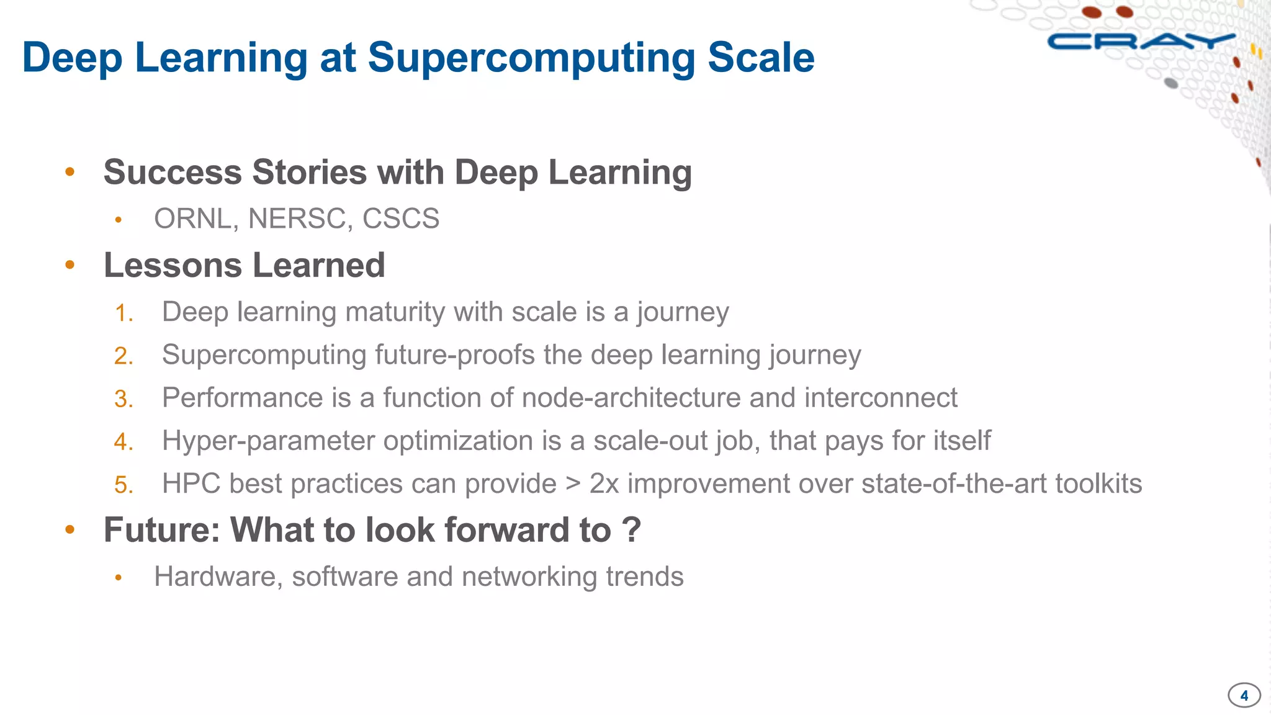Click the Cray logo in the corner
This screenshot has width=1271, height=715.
[x=1141, y=42]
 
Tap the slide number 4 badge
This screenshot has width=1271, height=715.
[x=1244, y=695]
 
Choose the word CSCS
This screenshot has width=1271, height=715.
[x=400, y=218]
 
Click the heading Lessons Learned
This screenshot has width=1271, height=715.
[x=244, y=265]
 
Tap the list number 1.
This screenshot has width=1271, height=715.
[x=123, y=313]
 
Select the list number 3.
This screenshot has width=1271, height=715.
[x=123, y=398]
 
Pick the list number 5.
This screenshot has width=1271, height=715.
[x=123, y=485]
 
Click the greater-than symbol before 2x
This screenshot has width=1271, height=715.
[x=573, y=483]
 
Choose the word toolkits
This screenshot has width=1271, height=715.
[x=1098, y=483]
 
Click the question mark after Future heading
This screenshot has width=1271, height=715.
[x=631, y=529]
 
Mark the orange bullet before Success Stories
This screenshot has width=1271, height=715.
[x=70, y=172]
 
